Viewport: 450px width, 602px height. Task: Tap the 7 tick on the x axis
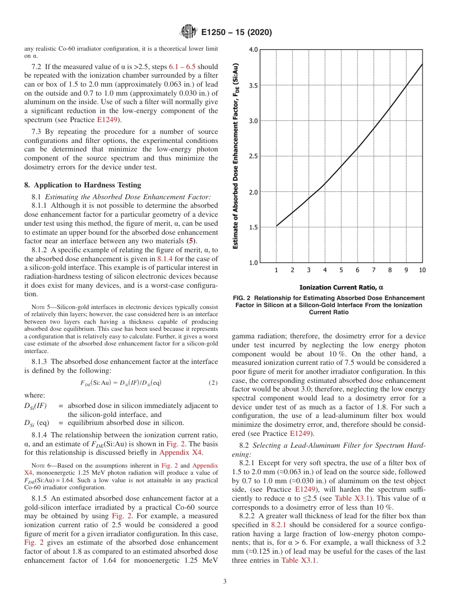(374, 270)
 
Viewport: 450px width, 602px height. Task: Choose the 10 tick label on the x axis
(422, 270)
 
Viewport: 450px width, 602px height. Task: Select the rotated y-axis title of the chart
(235, 156)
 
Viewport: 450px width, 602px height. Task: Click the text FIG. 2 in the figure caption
(244, 298)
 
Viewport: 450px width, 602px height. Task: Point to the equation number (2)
(213, 382)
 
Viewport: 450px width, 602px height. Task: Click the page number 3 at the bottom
(225, 582)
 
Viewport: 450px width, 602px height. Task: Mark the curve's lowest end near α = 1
(277, 226)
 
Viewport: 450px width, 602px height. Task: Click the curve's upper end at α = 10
(422, 64)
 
